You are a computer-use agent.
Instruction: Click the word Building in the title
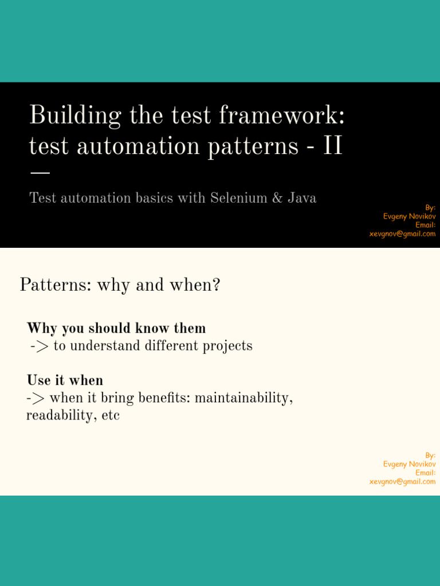pyautogui.click(x=75, y=116)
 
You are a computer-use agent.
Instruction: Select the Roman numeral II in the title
pyautogui.click(x=333, y=145)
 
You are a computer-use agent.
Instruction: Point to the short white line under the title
pyautogui.click(x=40, y=173)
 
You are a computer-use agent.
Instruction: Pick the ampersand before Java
pyautogui.click(x=277, y=197)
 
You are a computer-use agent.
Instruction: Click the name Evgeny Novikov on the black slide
pyautogui.click(x=409, y=216)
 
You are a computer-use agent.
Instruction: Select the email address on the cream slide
pyautogui.click(x=403, y=482)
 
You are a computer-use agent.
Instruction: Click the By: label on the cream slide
pyautogui.click(x=430, y=455)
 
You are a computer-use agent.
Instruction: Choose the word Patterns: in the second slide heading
pyautogui.click(x=56, y=285)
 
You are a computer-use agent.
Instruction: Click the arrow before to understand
pyautogui.click(x=40, y=346)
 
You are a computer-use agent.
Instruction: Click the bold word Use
pyautogui.click(x=38, y=380)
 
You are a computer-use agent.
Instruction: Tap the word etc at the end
pyautogui.click(x=111, y=415)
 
